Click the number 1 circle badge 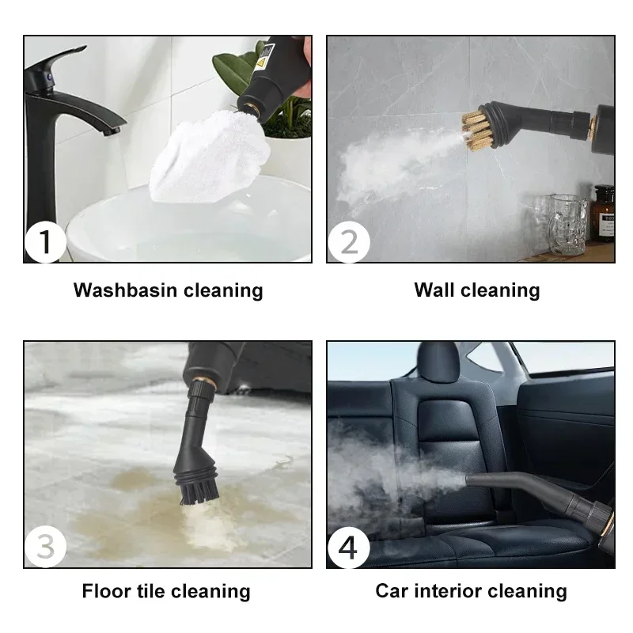click(x=45, y=242)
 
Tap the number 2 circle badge click(x=348, y=242)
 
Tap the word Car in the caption click(x=392, y=591)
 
